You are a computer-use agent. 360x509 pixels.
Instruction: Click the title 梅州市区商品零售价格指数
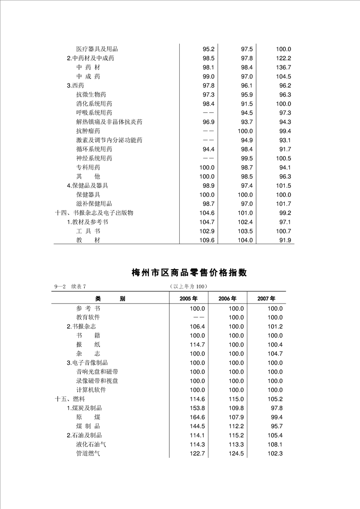[x=189, y=273]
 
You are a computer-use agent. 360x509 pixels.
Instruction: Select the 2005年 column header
[x=188, y=299]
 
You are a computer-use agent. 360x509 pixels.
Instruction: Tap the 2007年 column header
[x=266, y=299]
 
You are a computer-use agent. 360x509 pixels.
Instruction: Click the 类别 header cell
[x=110, y=299]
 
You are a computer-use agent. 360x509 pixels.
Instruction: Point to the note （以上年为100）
[x=188, y=286]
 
